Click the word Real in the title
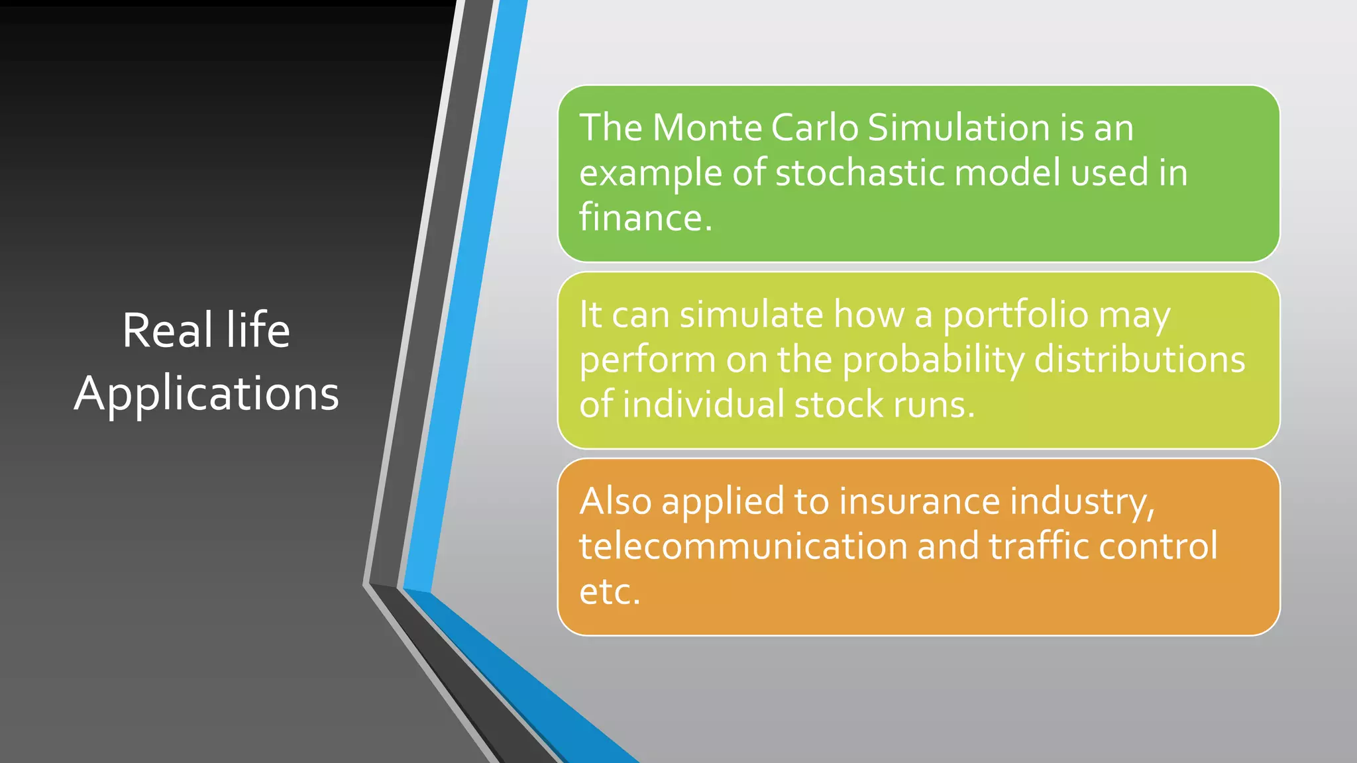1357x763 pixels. (167, 330)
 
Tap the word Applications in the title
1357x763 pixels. (207, 393)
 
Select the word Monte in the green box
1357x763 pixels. (706, 127)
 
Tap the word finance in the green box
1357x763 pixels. (644, 218)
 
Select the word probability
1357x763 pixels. (933, 360)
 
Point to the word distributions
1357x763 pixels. (1140, 360)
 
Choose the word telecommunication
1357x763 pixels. (743, 546)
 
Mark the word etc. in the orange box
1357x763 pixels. (610, 591)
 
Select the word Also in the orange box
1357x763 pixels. (616, 501)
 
